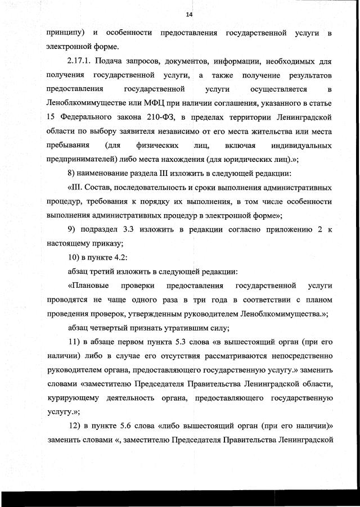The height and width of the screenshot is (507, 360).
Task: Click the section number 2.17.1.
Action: pyautogui.click(x=81, y=61)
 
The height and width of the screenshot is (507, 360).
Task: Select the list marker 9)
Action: pyautogui.click(x=72, y=229)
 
